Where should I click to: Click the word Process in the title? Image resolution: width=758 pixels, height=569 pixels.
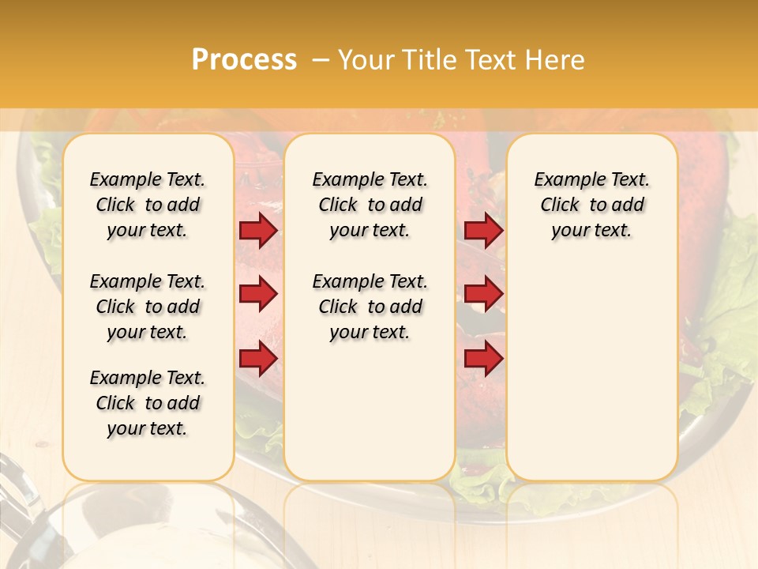pyautogui.click(x=244, y=60)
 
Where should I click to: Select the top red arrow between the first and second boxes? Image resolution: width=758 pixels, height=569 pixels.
pyautogui.click(x=258, y=231)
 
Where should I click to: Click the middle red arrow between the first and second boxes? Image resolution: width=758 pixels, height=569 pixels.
pyautogui.click(x=258, y=295)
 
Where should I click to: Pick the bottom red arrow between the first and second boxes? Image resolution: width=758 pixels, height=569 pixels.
pyautogui.click(x=258, y=359)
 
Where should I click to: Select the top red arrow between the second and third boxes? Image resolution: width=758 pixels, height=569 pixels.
pyautogui.click(x=483, y=231)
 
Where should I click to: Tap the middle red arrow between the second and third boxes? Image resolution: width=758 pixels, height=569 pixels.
pyautogui.click(x=483, y=295)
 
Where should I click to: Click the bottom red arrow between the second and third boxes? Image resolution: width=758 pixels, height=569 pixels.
pyautogui.click(x=483, y=359)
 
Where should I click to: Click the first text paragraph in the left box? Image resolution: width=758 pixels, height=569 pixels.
pyautogui.click(x=148, y=205)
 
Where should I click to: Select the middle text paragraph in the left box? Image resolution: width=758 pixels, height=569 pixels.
pyautogui.click(x=148, y=307)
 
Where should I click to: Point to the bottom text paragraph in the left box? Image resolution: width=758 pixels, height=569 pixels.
pyautogui.click(x=148, y=403)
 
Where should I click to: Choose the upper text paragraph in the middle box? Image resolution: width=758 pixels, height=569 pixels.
pyautogui.click(x=370, y=205)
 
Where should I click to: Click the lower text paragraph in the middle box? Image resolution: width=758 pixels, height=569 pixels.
pyautogui.click(x=370, y=307)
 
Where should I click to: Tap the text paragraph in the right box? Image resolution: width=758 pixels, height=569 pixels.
pyautogui.click(x=592, y=205)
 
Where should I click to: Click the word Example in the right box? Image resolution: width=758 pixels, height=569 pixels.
pyautogui.click(x=564, y=180)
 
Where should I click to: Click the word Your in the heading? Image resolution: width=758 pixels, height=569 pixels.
pyautogui.click(x=363, y=60)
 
